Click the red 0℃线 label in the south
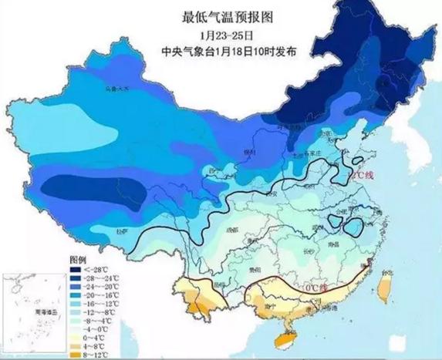pos(315,288)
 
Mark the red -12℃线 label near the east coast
pos(363,177)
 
